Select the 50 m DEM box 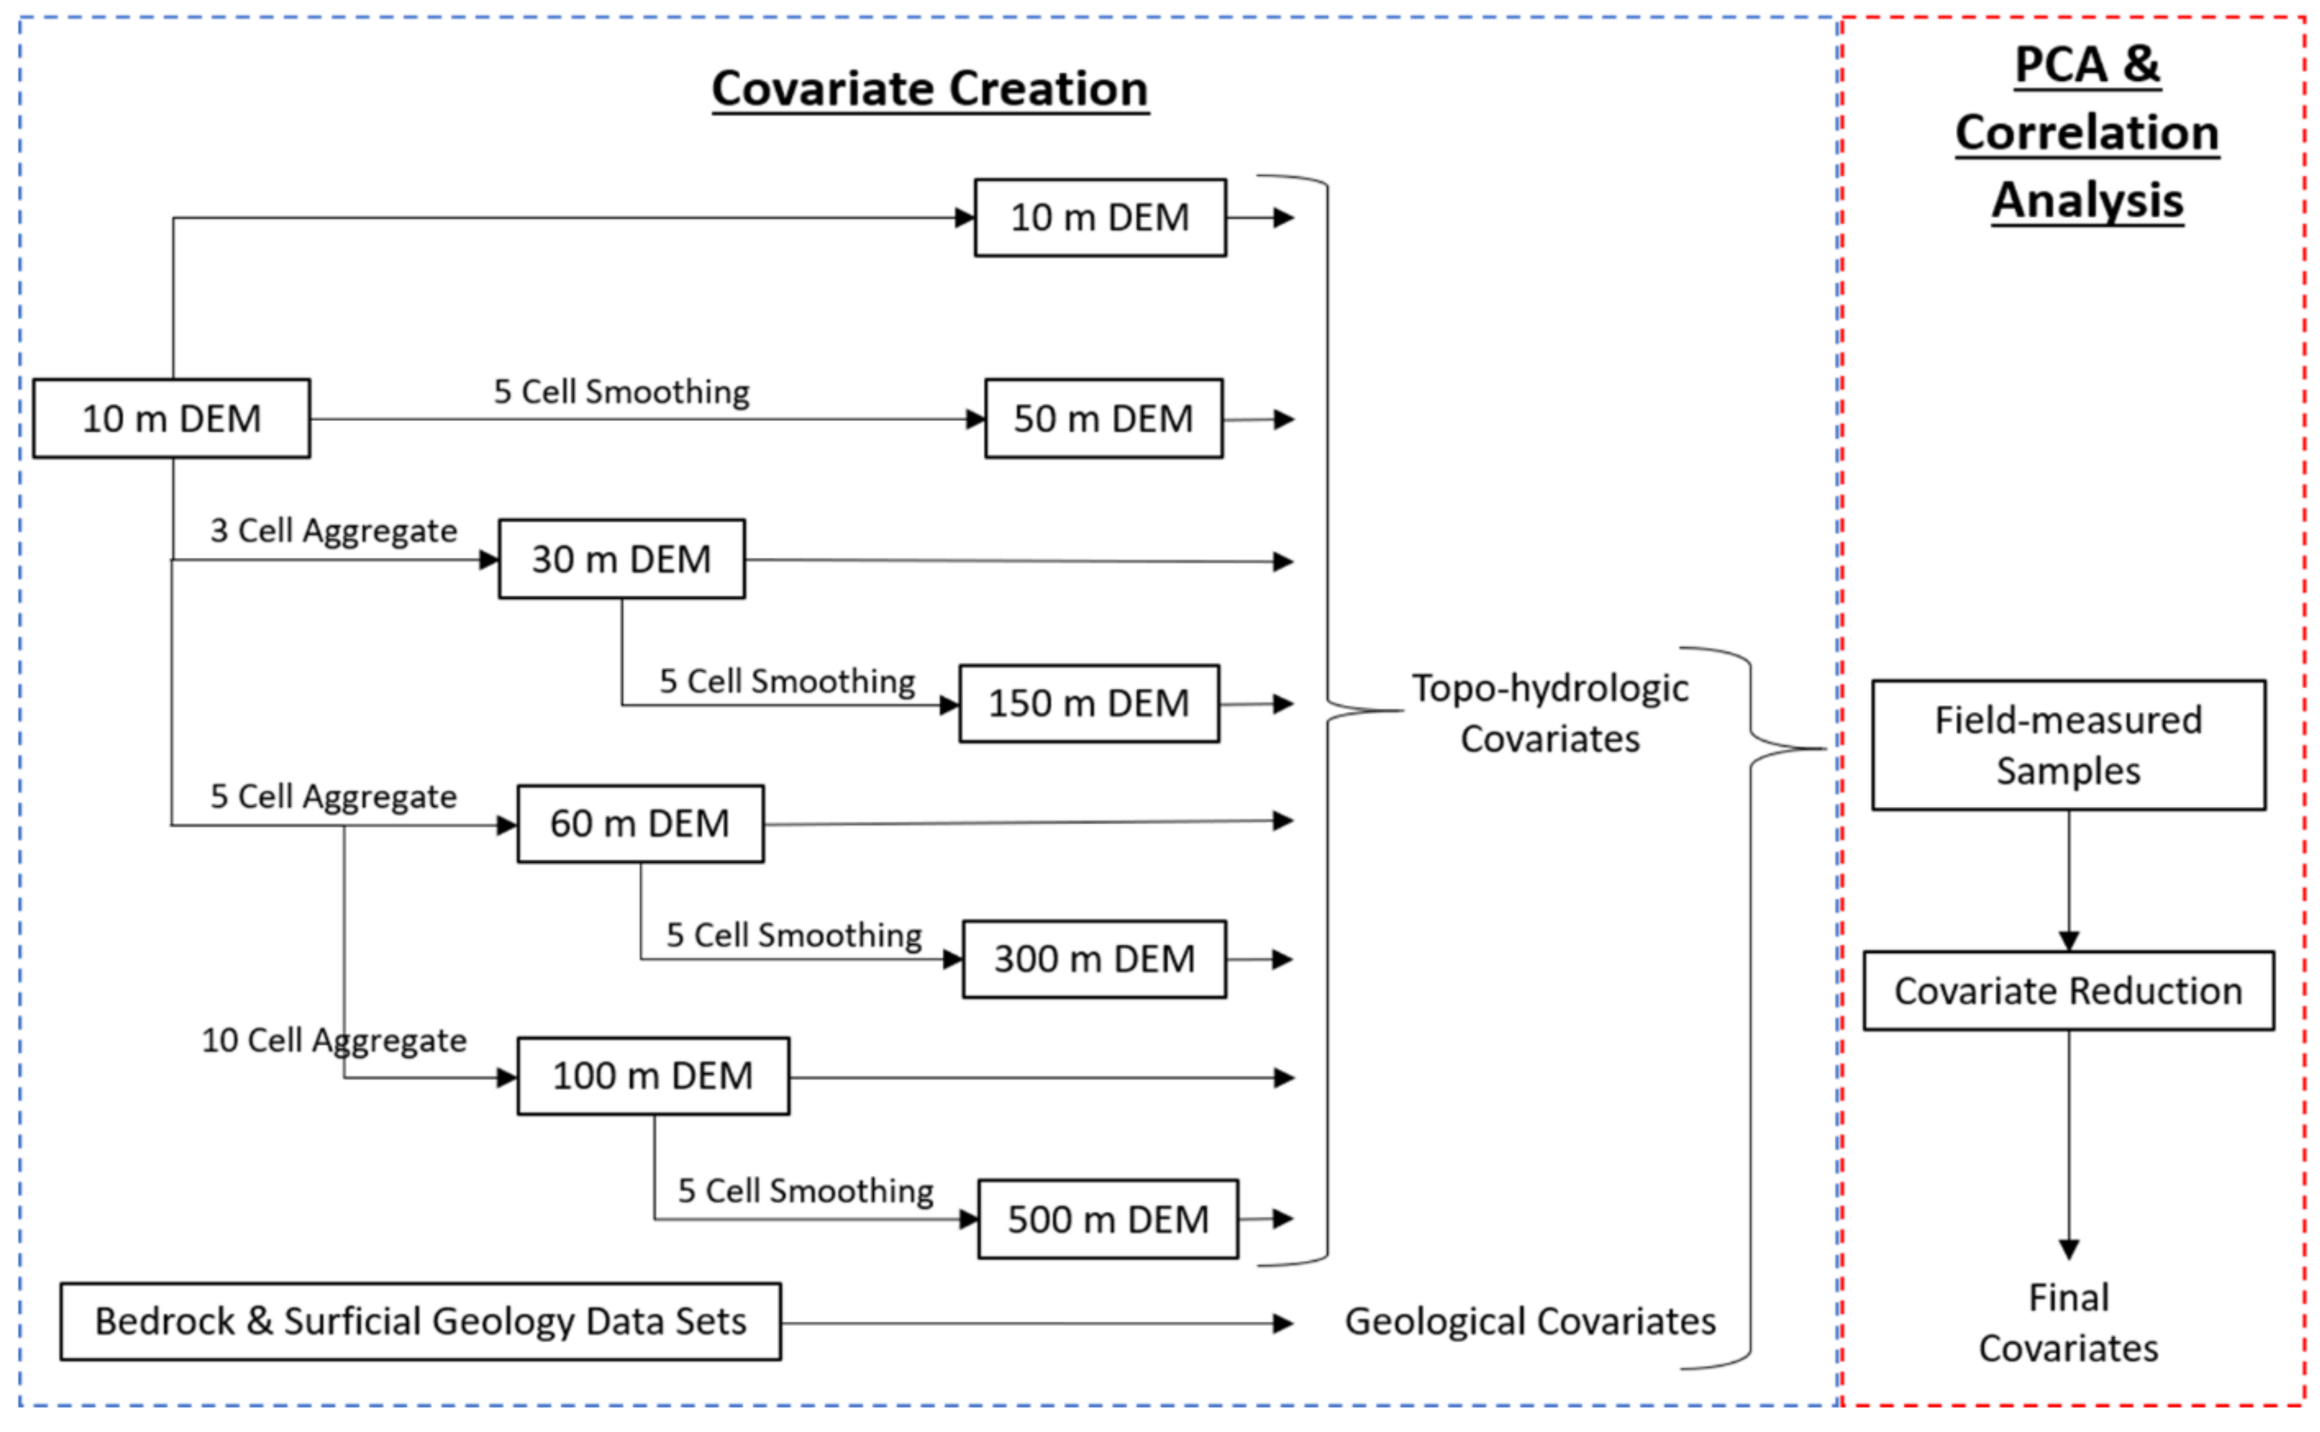pos(1103,419)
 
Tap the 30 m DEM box pos(621,559)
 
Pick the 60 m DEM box pos(640,823)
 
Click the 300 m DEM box pos(1094,960)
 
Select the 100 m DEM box pos(652,1076)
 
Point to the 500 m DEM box pos(1107,1219)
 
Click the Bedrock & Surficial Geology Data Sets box pos(421,1322)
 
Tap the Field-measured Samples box pos(2068,745)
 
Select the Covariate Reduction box pos(2068,990)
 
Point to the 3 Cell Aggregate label pos(333,530)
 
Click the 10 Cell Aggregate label pos(333,1040)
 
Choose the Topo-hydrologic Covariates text pos(1549,713)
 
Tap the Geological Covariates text pos(1529,1321)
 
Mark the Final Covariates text pos(2068,1322)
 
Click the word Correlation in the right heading pos(2087,132)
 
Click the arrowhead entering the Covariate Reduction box pos(2068,940)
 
